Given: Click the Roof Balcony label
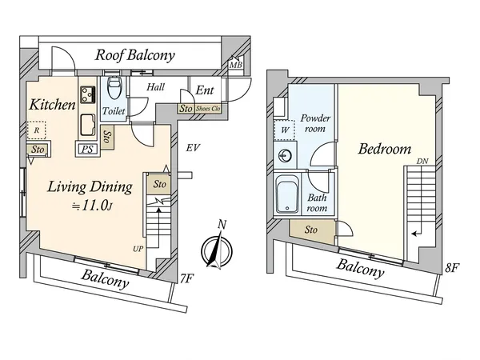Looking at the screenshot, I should click(x=135, y=55).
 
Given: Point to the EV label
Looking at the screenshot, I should click(x=192, y=148).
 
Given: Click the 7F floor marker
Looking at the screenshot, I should click(x=186, y=278).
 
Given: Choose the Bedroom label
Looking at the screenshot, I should click(x=384, y=150).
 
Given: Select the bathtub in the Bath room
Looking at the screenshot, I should click(x=286, y=194).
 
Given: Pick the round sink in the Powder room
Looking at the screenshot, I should click(x=284, y=156).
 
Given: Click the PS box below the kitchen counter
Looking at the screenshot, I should click(x=86, y=147).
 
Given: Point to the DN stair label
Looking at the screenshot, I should click(x=422, y=166).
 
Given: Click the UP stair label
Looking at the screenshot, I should click(x=138, y=248).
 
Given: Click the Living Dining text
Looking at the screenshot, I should click(x=89, y=188).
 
